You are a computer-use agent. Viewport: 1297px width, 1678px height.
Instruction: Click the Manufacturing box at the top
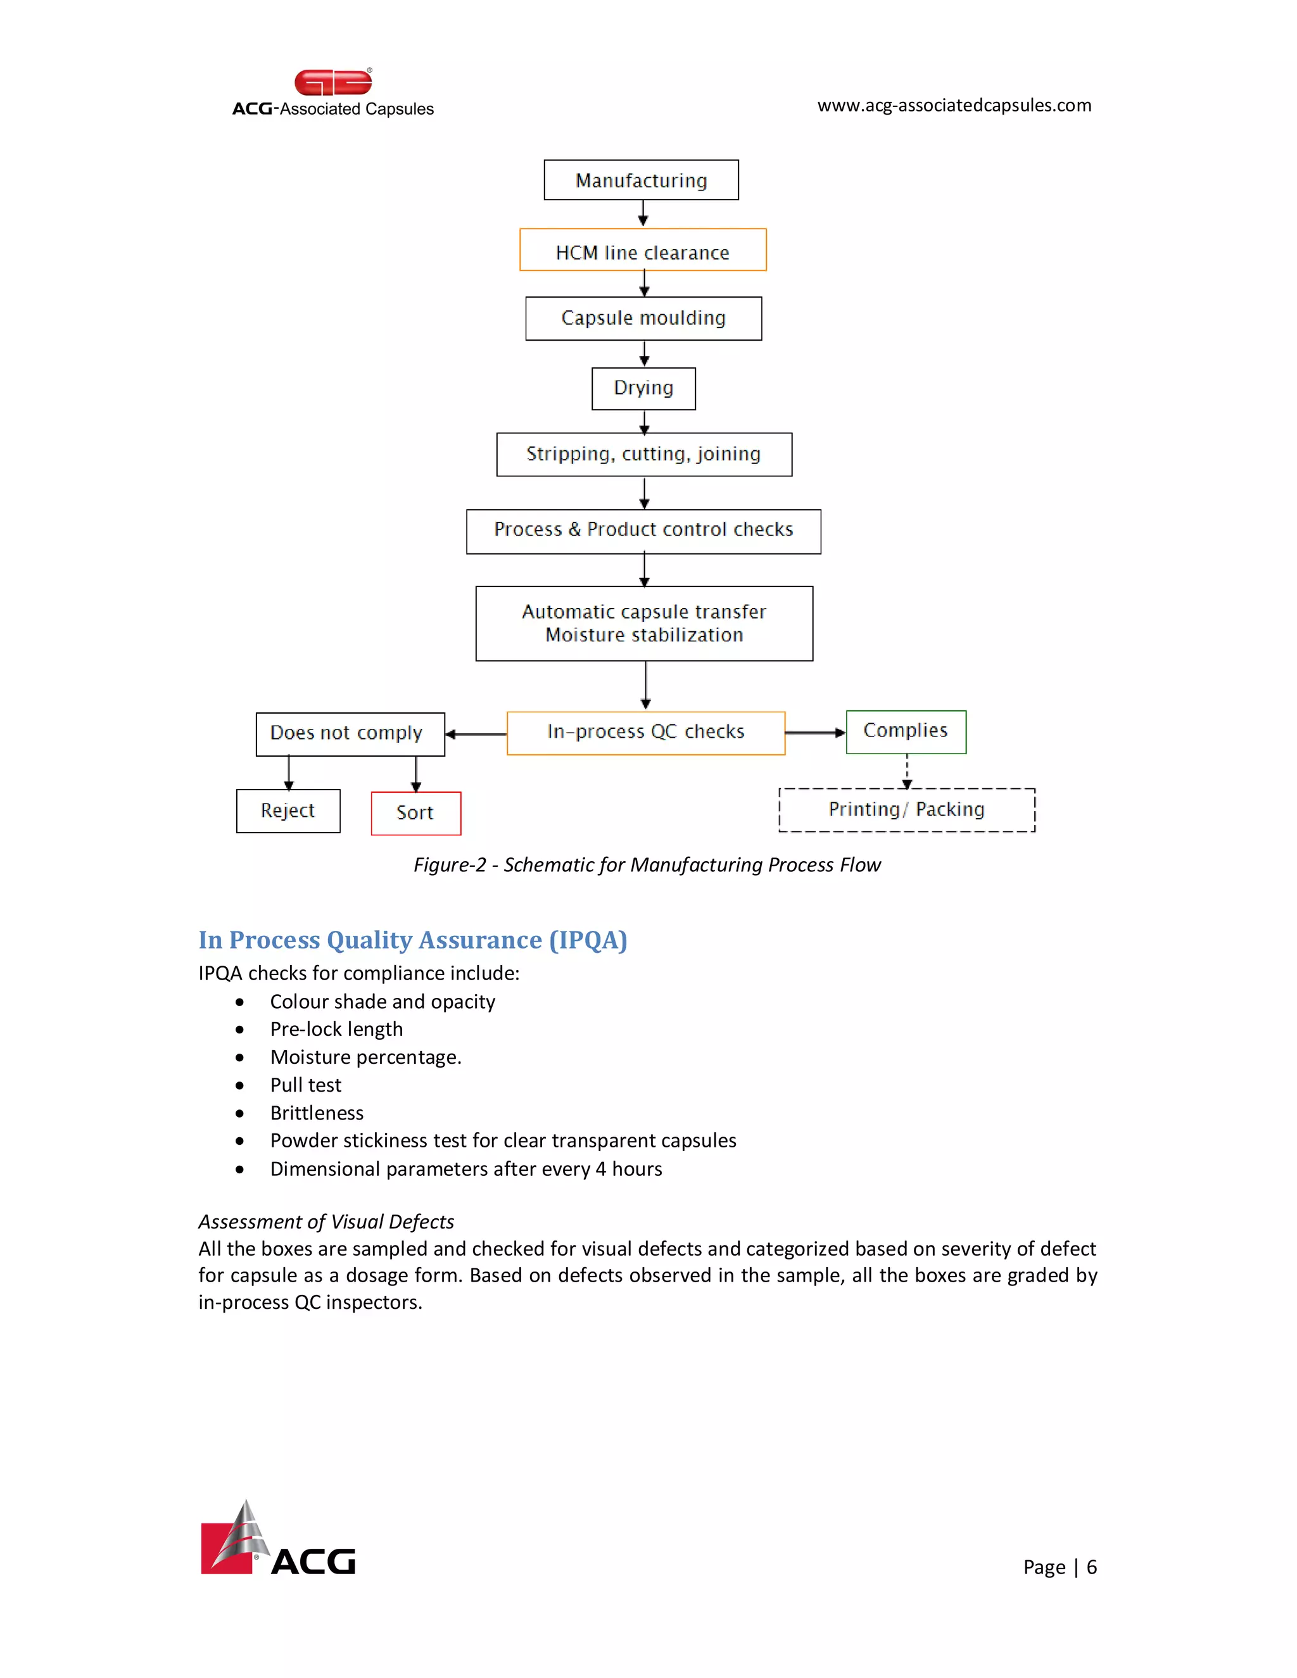point(641,180)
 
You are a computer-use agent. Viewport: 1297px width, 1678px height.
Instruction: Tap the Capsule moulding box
point(643,318)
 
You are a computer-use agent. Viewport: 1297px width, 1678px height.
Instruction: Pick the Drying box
point(643,388)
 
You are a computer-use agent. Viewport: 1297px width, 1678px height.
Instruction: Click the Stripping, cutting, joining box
point(644,454)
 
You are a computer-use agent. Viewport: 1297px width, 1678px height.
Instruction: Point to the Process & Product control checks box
point(643,530)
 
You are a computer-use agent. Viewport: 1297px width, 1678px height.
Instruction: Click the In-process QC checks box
point(645,732)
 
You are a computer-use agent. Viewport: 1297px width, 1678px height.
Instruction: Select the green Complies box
point(905,731)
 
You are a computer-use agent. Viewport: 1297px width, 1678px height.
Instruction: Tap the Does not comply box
point(350,733)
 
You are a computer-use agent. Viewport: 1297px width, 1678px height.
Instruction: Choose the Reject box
point(288,811)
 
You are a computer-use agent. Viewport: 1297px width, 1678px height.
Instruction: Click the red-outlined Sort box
point(415,813)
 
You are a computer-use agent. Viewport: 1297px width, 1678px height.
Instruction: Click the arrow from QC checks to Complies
point(814,732)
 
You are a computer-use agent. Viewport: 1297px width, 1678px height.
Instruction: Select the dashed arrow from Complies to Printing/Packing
point(907,771)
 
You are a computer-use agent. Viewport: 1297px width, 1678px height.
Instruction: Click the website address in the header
point(954,105)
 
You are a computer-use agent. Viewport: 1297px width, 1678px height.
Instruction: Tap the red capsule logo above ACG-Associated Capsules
point(332,82)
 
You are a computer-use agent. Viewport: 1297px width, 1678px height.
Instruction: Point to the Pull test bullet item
point(305,1085)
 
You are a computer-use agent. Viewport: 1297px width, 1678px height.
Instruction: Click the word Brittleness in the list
point(317,1113)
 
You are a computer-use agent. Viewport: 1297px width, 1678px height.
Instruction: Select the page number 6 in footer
point(1091,1567)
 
